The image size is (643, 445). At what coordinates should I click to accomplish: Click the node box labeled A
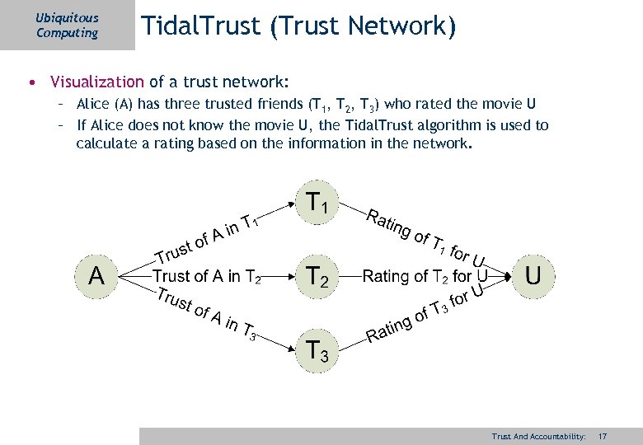tap(96, 275)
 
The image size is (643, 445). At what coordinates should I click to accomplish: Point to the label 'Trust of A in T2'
tap(207, 276)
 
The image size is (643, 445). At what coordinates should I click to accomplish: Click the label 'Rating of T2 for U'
tap(425, 275)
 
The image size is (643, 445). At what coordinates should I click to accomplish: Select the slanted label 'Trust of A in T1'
tap(209, 237)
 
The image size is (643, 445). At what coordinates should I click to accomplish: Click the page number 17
tap(603, 435)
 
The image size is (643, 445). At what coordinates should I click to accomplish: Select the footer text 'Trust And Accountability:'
tap(537, 435)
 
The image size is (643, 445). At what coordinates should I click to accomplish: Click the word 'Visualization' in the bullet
tap(96, 82)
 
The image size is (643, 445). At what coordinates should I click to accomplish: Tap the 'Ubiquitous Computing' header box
tap(68, 25)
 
